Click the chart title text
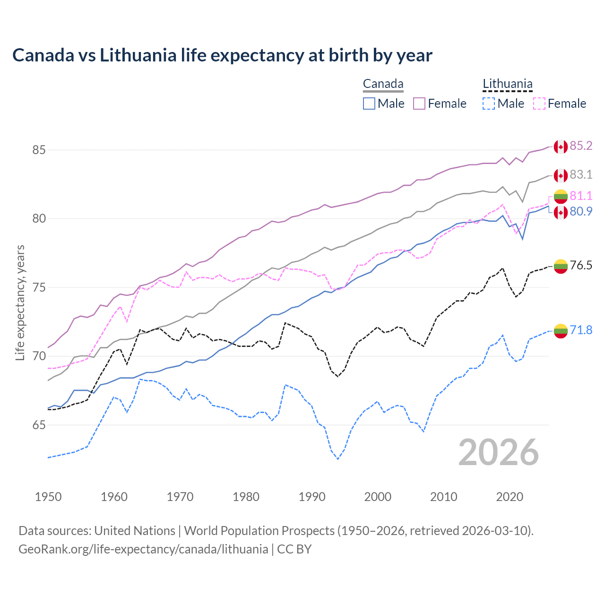tap(222, 55)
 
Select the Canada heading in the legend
tap(383, 84)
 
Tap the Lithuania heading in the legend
tap(507, 84)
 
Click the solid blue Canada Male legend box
tap(369, 104)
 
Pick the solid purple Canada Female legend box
tap(419, 104)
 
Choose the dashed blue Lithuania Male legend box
tap(489, 104)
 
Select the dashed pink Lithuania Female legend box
tap(539, 104)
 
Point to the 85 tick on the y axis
tap(39, 150)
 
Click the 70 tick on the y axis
tap(39, 356)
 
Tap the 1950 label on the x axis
tap(48, 497)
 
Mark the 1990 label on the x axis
tap(312, 497)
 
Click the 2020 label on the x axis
tap(510, 497)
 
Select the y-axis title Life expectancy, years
tap(20, 302)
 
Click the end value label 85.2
tap(581, 146)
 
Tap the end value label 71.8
tap(581, 330)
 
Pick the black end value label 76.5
tap(581, 266)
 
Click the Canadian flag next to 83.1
tap(561, 175)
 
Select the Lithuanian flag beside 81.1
tap(561, 196)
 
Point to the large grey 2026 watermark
tap(499, 452)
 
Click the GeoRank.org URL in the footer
tap(143, 549)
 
